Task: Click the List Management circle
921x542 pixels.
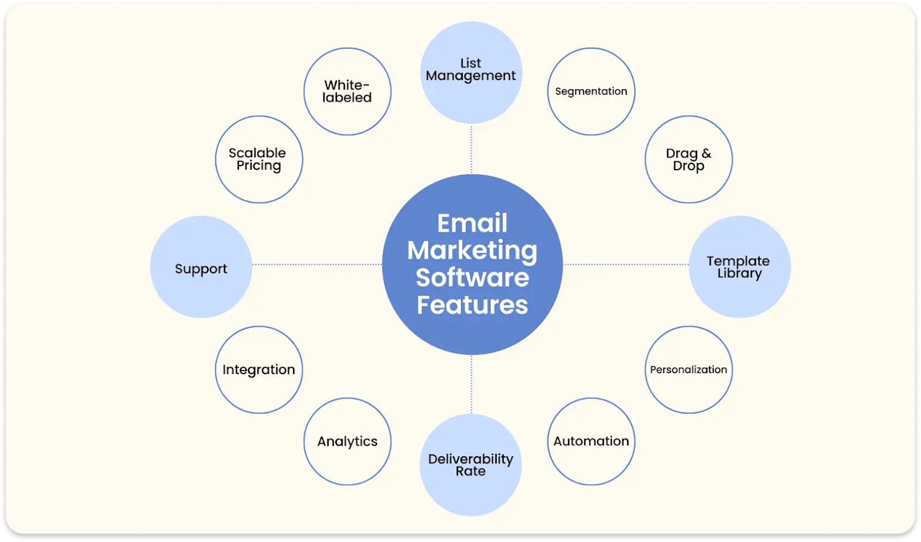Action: click(x=471, y=72)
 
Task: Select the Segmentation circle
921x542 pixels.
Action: click(x=591, y=91)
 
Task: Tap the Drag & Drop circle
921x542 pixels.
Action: click(x=688, y=159)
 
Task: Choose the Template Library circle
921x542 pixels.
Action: click(x=739, y=267)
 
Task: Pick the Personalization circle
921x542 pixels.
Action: click(x=688, y=369)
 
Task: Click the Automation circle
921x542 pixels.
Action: click(x=591, y=441)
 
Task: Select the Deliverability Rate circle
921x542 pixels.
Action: click(x=470, y=465)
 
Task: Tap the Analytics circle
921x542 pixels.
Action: click(x=347, y=441)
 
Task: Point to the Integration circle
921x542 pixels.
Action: click(x=258, y=369)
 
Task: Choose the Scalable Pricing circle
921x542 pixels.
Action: click(x=258, y=159)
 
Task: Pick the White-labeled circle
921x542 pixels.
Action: click(x=347, y=91)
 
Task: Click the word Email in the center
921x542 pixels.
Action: click(x=472, y=223)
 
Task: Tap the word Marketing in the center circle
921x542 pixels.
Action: click(x=472, y=251)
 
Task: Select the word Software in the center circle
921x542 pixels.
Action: click(x=472, y=278)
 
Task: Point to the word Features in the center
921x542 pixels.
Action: click(x=472, y=305)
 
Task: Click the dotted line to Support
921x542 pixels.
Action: click(x=317, y=265)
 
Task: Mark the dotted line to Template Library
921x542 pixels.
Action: click(x=626, y=265)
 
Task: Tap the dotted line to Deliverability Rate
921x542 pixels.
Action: click(x=471, y=384)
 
